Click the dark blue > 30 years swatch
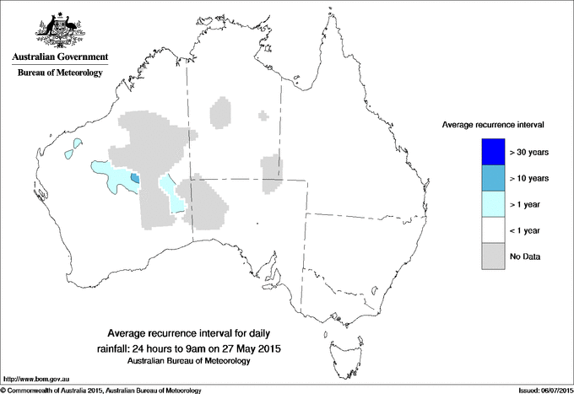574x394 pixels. pyautogui.click(x=493, y=153)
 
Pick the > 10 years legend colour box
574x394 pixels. pyautogui.click(x=493, y=179)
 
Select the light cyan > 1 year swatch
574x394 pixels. pyautogui.click(x=493, y=205)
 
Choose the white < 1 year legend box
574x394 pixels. pyautogui.click(x=493, y=230)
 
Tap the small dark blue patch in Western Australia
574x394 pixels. pyautogui.click(x=135, y=177)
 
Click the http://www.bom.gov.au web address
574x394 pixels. pyautogui.click(x=35, y=380)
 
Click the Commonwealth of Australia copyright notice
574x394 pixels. pyautogui.click(x=101, y=390)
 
